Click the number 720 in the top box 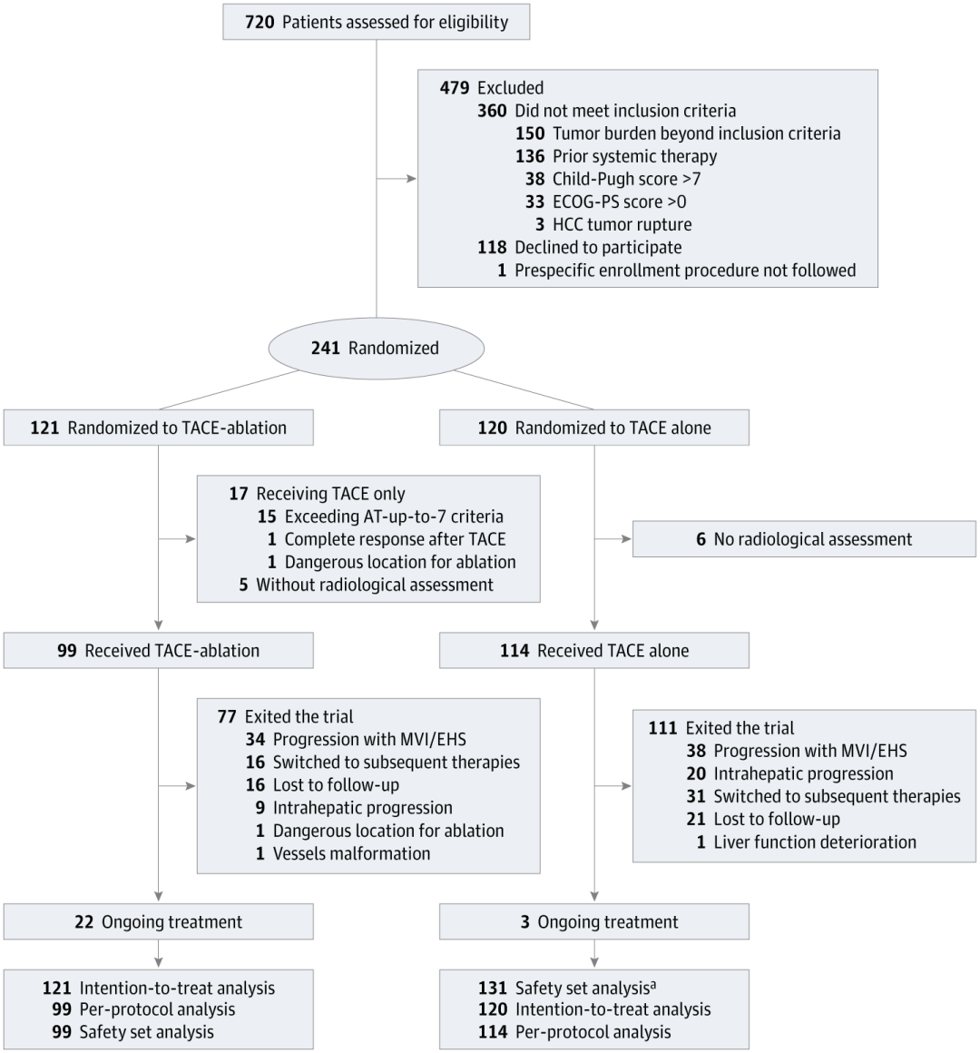[x=260, y=22]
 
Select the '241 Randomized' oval [x=376, y=348]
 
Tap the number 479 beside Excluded [x=455, y=88]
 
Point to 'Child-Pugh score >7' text [x=626, y=180]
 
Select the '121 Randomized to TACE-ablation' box [x=159, y=428]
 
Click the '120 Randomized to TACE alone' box [x=594, y=428]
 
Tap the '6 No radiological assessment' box [x=804, y=539]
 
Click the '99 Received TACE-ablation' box [x=159, y=651]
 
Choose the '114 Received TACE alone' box [x=594, y=651]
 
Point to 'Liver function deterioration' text [x=815, y=842]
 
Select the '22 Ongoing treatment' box [x=159, y=921]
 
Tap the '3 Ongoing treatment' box [x=594, y=921]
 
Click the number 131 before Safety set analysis [x=493, y=988]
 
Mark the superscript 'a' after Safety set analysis [x=653, y=985]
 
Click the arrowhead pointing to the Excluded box [x=411, y=179]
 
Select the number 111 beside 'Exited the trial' [x=662, y=728]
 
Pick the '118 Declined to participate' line [x=579, y=248]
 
